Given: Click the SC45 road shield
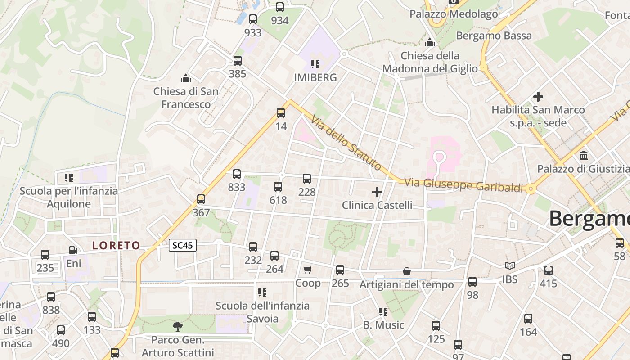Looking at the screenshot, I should pos(183,245).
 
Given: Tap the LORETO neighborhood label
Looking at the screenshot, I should pos(116,245).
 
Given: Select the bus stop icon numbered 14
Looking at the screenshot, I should pos(281,113).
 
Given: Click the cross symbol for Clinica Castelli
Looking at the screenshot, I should pos(377,193).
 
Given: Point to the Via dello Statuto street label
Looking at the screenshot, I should pos(346,143).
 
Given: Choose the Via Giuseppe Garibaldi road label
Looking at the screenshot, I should pos(464,185).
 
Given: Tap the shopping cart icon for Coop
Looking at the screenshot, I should pos(308,270).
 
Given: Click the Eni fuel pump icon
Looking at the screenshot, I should pos(73,250).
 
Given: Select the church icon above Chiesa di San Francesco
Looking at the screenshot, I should pos(186,79).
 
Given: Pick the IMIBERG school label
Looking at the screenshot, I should pos(315,77).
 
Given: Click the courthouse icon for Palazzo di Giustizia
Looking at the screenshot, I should pos(584,156).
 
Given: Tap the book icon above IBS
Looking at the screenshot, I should pos(509,266).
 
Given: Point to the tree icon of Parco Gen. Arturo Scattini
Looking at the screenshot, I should pos(178,326).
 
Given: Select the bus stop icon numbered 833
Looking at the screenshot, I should pos(237,174).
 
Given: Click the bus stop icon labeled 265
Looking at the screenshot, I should pos(340,270).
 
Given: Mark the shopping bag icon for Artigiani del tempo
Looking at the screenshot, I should pos(407,271).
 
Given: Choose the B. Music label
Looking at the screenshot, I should pos(384,325).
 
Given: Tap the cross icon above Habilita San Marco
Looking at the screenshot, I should pos(538,96).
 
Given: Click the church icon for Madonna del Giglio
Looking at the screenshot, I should pos(430,42).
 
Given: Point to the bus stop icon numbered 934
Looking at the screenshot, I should pos(280,7).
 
